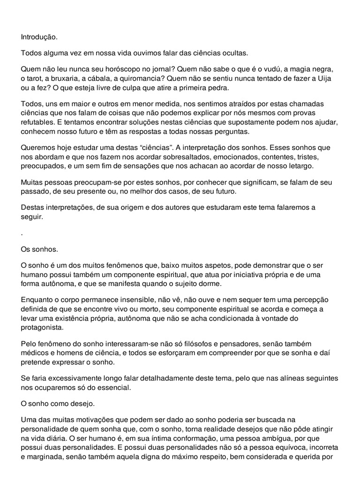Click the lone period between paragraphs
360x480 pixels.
point(22,233)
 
